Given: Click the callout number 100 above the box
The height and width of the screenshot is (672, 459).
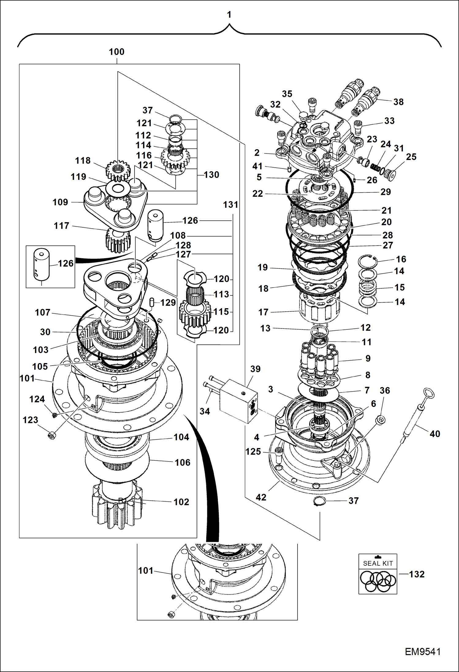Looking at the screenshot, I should coord(116,52).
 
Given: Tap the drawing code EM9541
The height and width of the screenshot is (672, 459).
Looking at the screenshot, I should coord(423,651).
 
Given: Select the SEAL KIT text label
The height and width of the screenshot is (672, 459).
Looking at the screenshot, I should coord(377,563).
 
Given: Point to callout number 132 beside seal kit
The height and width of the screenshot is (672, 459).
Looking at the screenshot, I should coord(417,574).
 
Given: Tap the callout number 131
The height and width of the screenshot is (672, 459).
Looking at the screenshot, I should coord(230,204).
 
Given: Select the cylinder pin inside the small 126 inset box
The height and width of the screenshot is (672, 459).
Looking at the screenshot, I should coord(41,264).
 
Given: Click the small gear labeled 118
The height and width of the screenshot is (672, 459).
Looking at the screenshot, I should coord(118,170).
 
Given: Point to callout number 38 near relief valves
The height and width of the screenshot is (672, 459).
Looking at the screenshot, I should coord(398,102).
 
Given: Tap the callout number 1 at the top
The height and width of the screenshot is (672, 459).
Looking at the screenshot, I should coord(229,14).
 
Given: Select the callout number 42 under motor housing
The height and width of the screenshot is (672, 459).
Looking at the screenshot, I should coord(261,497).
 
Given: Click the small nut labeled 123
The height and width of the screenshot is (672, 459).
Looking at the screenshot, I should coord(51,435).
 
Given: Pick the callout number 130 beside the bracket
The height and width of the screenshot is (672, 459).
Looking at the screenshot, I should coord(211,175).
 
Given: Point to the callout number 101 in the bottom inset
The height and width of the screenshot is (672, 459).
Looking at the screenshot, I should coord(146,571).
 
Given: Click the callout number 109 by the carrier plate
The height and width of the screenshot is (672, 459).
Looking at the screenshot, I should coord(60,202).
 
